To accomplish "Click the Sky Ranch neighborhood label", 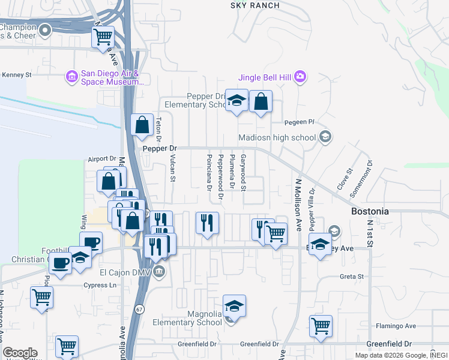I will point(255,5).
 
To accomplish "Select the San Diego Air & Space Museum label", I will point(105,77).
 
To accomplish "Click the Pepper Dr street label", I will point(160,148).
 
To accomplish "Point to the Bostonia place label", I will point(369,212).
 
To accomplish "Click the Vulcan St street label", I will point(172,169).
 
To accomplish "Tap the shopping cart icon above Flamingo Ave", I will point(321,326).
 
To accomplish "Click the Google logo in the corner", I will point(20,353).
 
